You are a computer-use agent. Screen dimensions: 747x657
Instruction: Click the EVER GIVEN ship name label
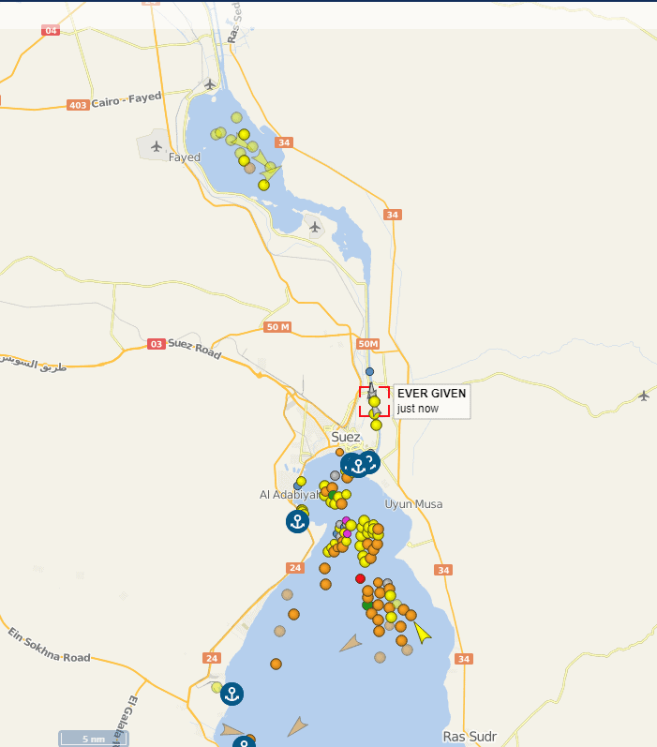click(431, 394)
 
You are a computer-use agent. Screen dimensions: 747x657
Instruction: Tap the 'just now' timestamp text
click(417, 409)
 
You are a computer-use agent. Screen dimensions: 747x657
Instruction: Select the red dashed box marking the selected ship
click(374, 401)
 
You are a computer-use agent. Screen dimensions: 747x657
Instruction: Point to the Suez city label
click(346, 437)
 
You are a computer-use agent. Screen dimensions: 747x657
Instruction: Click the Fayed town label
click(185, 157)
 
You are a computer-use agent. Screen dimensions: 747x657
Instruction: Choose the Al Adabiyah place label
click(290, 494)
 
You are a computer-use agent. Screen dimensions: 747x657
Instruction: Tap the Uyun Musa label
click(413, 504)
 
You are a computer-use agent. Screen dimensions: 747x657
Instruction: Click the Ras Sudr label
click(470, 736)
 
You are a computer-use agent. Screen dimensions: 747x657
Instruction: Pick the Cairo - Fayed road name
click(127, 99)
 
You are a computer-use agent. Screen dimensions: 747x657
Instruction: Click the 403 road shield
click(79, 105)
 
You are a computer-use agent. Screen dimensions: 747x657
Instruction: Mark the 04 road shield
click(51, 31)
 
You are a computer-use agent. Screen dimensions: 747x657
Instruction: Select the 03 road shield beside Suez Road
click(156, 344)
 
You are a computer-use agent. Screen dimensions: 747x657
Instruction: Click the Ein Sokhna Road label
click(49, 647)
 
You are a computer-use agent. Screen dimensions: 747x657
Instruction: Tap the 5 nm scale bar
click(92, 739)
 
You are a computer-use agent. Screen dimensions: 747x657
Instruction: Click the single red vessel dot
click(361, 578)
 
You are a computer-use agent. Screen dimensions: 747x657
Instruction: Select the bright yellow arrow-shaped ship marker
click(423, 634)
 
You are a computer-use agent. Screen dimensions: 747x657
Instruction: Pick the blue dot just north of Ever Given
click(369, 372)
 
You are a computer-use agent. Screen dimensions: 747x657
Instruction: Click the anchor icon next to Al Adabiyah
click(297, 521)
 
